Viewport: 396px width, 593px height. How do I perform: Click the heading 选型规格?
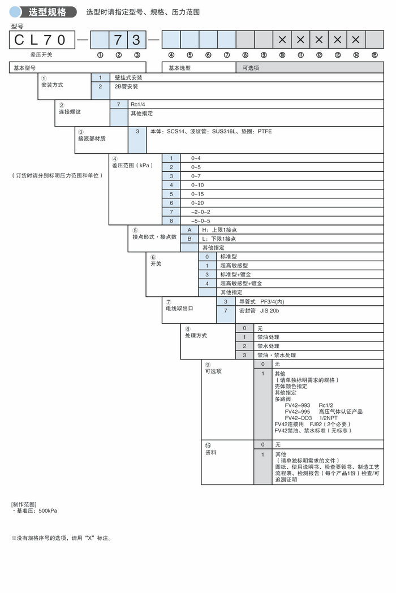pyautogui.click(x=47, y=11)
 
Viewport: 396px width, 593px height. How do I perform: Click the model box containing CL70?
pyautogui.click(x=42, y=40)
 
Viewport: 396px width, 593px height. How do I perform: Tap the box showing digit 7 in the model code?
pyautogui.click(x=118, y=40)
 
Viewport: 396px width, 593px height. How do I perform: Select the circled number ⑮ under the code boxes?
pyautogui.click(x=374, y=55)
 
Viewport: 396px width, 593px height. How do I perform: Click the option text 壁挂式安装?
pyautogui.click(x=128, y=77)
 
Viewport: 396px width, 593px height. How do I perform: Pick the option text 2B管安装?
pyautogui.click(x=126, y=86)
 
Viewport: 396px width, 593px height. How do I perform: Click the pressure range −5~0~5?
pyautogui.click(x=201, y=220)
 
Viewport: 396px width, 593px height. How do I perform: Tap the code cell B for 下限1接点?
pyautogui.click(x=190, y=239)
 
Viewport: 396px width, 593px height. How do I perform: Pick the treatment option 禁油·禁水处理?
pyautogui.click(x=277, y=355)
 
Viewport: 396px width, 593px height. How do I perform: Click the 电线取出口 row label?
pyautogui.click(x=179, y=309)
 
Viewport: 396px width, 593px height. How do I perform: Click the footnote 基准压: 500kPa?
pyautogui.click(x=36, y=510)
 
